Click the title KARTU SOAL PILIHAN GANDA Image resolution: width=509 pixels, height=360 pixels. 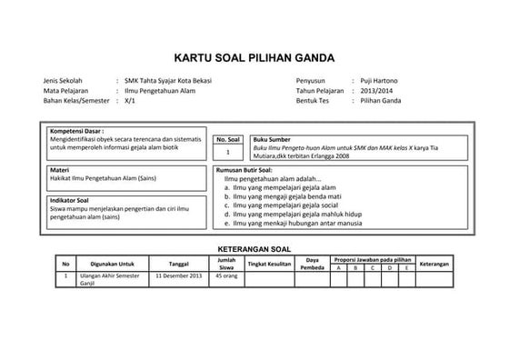point(254,54)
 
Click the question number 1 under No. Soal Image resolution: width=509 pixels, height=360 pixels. point(228,152)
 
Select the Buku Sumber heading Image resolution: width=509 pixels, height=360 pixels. point(272,140)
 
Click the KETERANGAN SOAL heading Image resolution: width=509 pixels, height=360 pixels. point(254,248)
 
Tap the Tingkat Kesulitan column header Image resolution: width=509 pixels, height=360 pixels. point(269,264)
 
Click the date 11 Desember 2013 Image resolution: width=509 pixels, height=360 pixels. point(179,275)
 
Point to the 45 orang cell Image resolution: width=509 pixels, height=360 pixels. point(227,275)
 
